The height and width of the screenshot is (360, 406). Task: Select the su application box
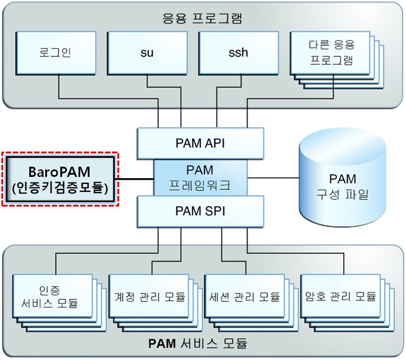[x=147, y=53]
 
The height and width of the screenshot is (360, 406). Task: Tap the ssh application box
[x=239, y=53]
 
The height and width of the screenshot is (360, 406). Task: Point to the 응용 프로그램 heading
[x=202, y=19]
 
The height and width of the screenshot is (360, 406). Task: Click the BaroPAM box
[x=60, y=179]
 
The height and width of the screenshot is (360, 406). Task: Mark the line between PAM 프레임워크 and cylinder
[x=273, y=177]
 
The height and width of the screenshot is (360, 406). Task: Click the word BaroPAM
[x=60, y=172]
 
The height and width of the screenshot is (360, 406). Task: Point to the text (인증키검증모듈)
[x=60, y=187]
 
